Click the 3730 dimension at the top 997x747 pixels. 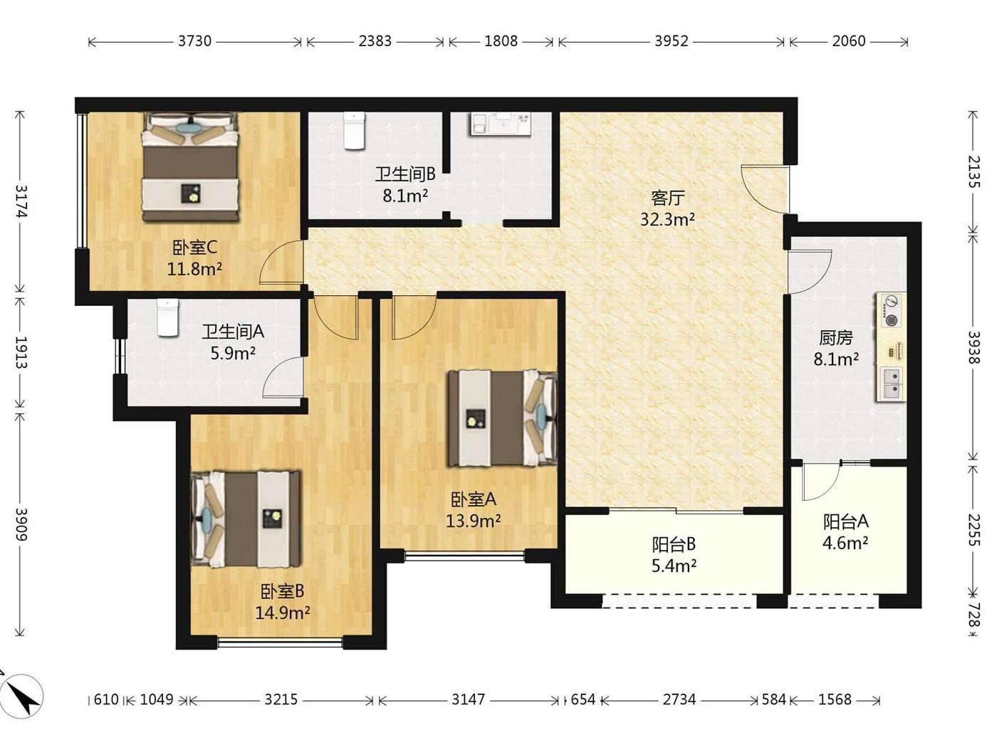click(194, 41)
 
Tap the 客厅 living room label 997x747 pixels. click(667, 198)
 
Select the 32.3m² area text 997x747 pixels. click(667, 220)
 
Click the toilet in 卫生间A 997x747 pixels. click(168, 317)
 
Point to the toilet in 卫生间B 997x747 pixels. click(354, 131)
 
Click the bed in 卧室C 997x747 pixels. click(191, 167)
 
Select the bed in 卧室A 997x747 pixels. click(502, 418)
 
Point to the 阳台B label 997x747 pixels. click(674, 544)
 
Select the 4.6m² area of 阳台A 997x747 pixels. click(845, 543)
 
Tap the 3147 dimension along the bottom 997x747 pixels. click(468, 700)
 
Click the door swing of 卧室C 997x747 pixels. click(281, 262)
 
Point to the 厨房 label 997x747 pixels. click(836, 338)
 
